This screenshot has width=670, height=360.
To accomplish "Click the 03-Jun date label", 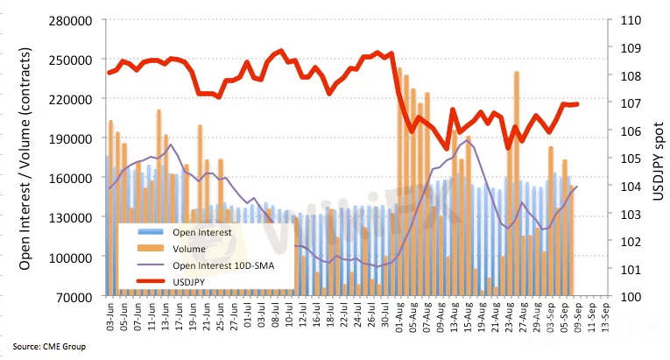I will click(x=109, y=315).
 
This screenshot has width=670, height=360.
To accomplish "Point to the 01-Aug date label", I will click(x=398, y=315).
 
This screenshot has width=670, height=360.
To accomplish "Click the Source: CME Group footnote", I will click(x=49, y=347).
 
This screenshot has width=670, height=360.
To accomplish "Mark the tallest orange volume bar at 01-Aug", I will click(x=400, y=175).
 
